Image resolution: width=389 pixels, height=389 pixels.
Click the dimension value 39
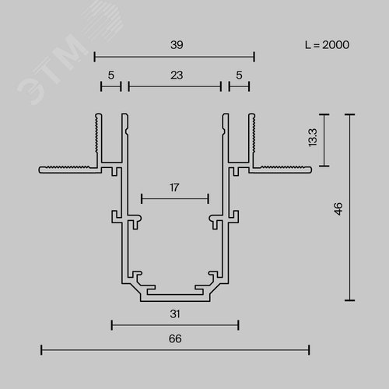[x=177, y=45]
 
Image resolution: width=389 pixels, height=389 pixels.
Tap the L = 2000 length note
[x=328, y=45]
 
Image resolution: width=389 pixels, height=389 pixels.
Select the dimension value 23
[x=177, y=75]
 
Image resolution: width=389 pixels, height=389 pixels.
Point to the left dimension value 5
[x=111, y=75]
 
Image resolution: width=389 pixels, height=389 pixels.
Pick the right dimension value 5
[x=239, y=75]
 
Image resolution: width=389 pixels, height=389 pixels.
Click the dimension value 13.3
[x=313, y=138]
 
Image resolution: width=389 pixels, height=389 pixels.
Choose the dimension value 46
[x=338, y=209]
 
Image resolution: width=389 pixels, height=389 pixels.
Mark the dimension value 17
[x=174, y=187]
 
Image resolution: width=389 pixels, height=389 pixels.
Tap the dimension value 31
[x=175, y=314]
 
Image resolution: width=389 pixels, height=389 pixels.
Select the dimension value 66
[x=175, y=338]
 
